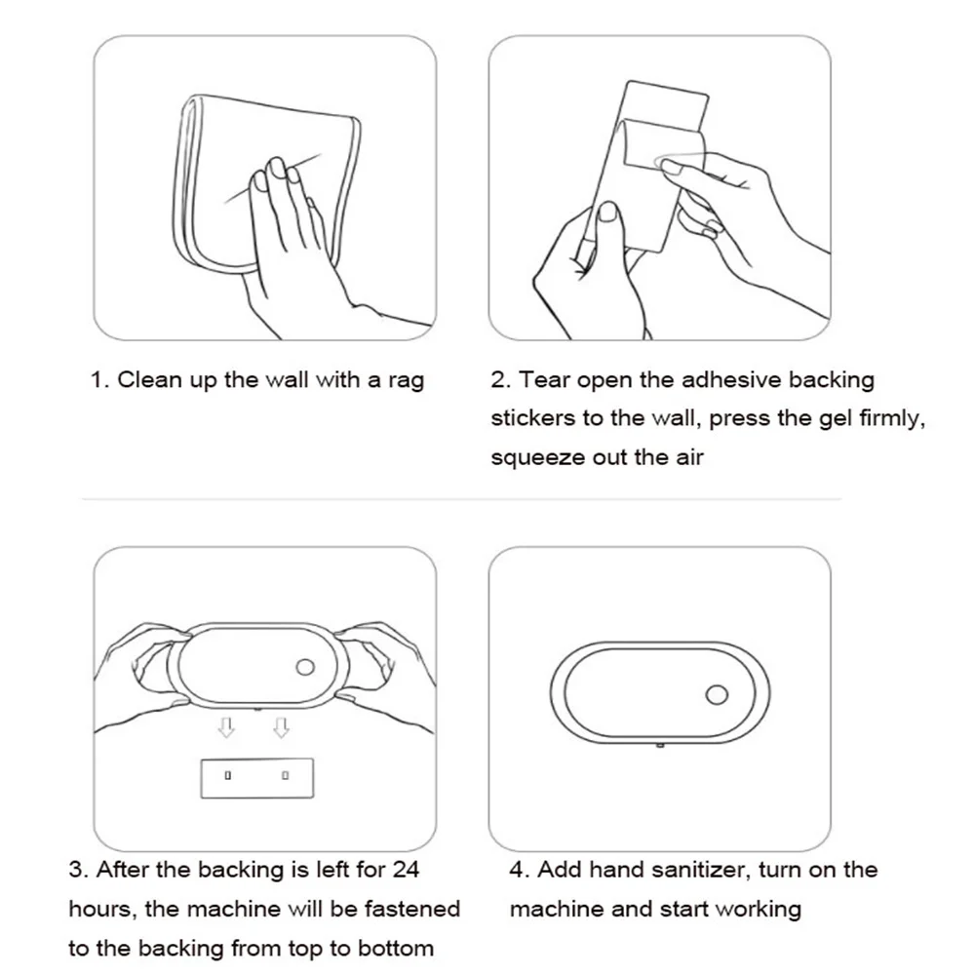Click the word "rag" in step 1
pos(406,381)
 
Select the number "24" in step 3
pos(406,870)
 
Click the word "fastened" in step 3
pos(412,909)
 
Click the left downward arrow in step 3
pos(226,727)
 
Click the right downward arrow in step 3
pos(281,727)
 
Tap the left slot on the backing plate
pos(227,775)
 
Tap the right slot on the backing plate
pos(285,775)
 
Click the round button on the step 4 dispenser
pos(717,694)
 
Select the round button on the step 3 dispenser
pos(304,667)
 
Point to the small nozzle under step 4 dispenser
pos(660,744)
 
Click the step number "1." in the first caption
pos(99,380)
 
